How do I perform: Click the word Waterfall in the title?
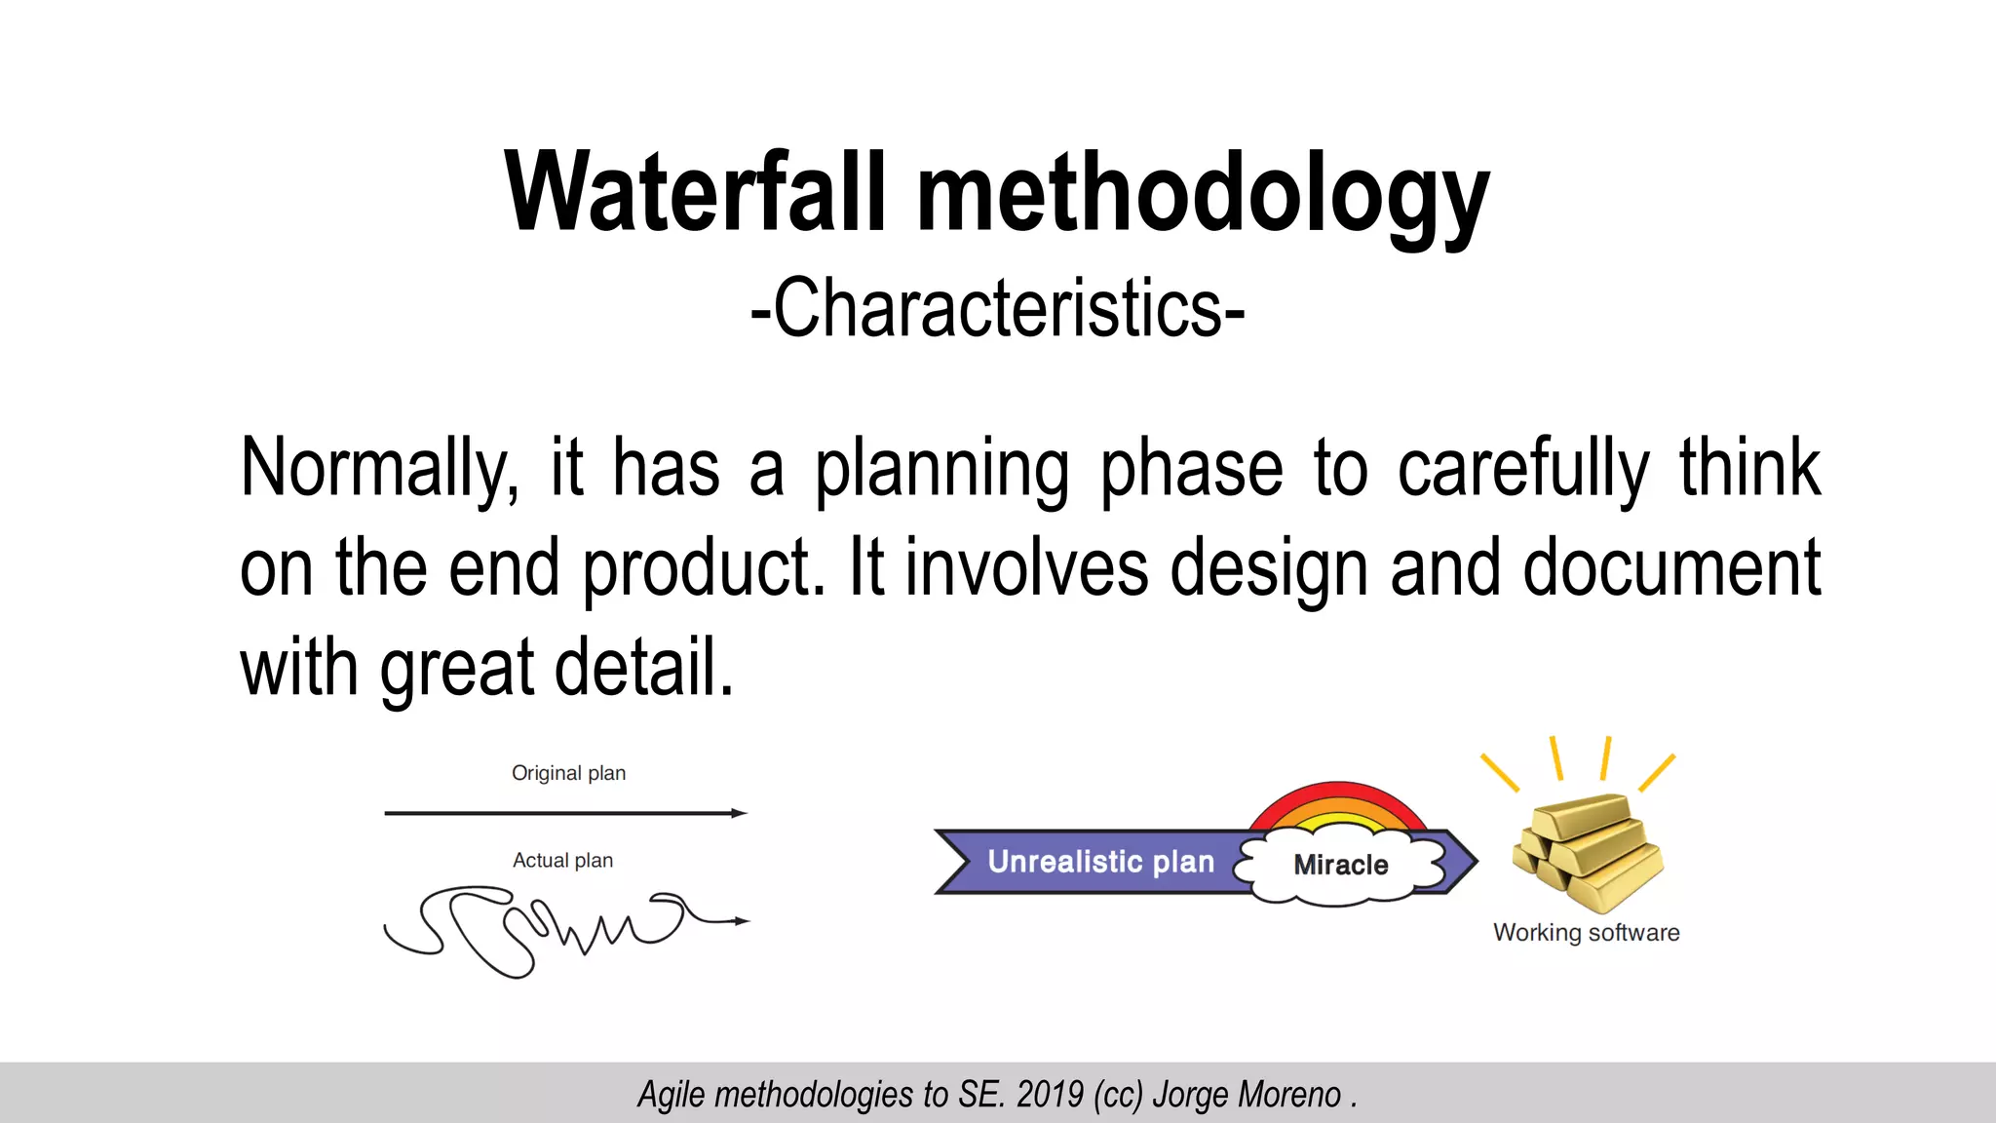point(694,193)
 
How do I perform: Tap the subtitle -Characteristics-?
point(997,308)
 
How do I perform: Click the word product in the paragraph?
point(703,568)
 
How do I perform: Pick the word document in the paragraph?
point(1670,568)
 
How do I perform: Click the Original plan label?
point(568,773)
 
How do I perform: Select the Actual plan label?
point(562,860)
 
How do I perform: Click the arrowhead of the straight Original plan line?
point(741,813)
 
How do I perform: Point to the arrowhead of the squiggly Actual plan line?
point(743,920)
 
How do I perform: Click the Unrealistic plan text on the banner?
point(1100,862)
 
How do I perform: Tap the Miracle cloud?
point(1340,865)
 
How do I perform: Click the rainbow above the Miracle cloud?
point(1337,805)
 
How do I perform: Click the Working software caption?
point(1586,933)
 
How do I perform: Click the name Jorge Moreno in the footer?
point(1247,1095)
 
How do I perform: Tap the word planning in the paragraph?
point(941,469)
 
